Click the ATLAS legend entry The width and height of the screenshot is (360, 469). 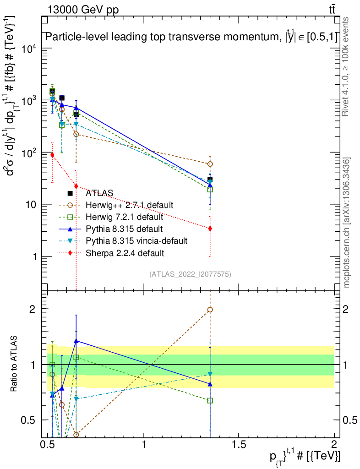99,193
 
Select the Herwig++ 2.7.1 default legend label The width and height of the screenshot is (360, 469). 130,205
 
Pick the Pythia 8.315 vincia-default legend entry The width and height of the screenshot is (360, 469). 136,240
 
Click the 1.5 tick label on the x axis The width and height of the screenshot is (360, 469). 239,444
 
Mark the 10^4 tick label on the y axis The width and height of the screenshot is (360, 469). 28,49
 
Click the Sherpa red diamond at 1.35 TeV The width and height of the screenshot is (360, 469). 210,228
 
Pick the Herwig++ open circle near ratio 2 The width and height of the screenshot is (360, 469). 210,310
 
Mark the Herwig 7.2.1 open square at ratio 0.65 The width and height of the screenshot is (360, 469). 210,400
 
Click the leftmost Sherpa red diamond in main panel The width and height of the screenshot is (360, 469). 52,155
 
